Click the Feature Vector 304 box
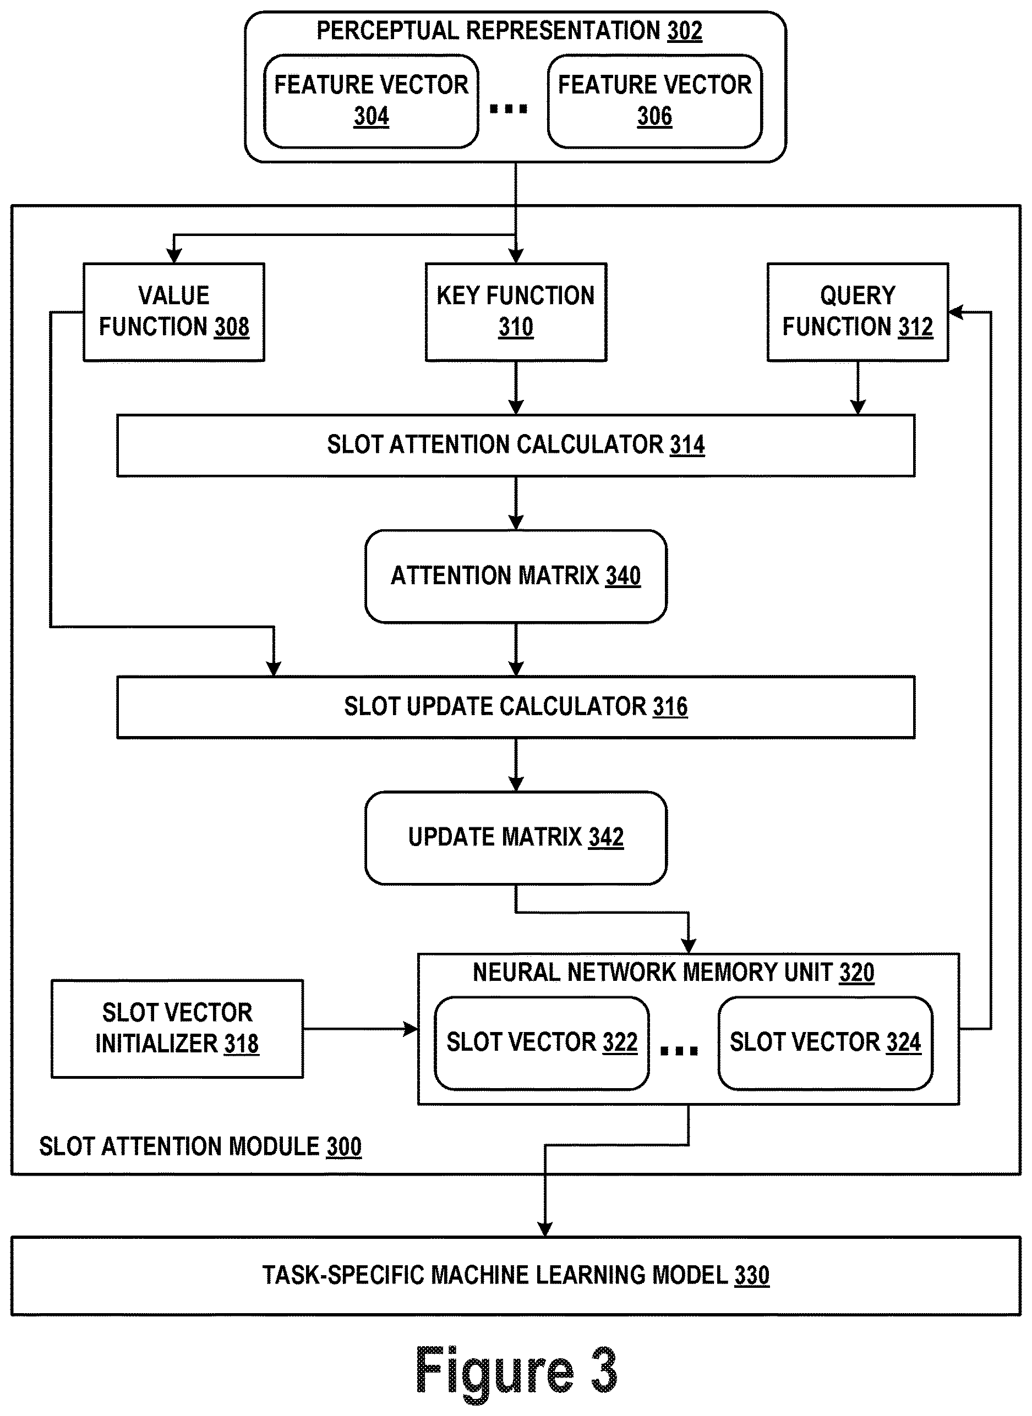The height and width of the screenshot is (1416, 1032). click(x=371, y=101)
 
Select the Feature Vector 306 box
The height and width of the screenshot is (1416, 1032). click(x=654, y=101)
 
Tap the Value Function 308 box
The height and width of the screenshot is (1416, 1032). click(x=174, y=312)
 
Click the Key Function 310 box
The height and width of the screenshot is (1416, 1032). click(x=516, y=312)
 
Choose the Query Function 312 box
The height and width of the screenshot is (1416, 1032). click(x=858, y=312)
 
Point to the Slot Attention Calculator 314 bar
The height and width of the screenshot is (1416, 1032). click(x=516, y=446)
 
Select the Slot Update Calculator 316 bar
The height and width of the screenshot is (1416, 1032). click(x=516, y=707)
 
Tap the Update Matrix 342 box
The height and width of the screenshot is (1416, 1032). click(x=516, y=838)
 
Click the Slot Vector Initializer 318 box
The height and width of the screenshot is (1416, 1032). click(x=177, y=1029)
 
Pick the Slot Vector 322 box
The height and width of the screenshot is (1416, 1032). click(x=542, y=1043)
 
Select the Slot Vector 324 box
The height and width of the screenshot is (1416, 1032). click(x=825, y=1043)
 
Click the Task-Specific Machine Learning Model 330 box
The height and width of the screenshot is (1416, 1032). click(x=516, y=1276)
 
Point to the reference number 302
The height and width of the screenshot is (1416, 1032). click(x=685, y=31)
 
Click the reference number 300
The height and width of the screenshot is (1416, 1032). click(x=343, y=1147)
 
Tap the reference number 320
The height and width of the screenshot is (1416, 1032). click(x=856, y=973)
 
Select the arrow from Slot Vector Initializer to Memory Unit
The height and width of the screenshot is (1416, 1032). click(x=361, y=1029)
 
